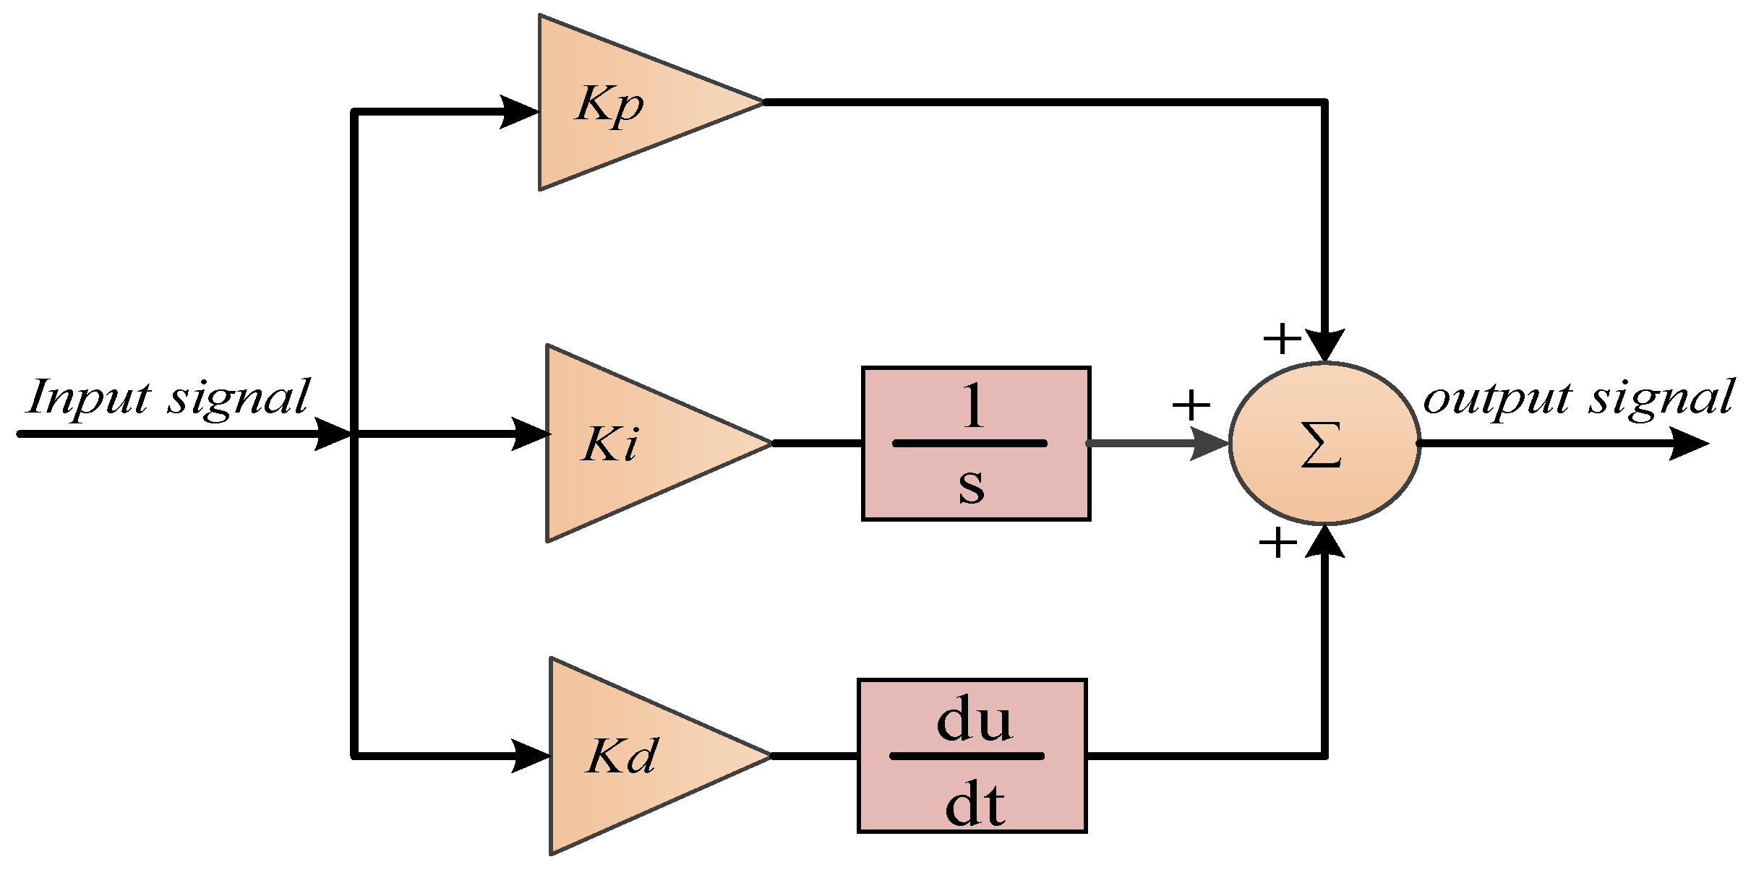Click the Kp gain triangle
click(x=622, y=103)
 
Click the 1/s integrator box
click(x=976, y=443)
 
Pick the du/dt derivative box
click(x=972, y=756)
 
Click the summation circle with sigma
click(x=1324, y=443)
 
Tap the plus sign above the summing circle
click(x=1282, y=338)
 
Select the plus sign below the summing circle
click(x=1277, y=543)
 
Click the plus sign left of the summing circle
click(x=1191, y=405)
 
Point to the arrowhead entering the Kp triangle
click(x=519, y=112)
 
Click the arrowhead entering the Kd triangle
click(x=530, y=756)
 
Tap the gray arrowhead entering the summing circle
click(x=1208, y=443)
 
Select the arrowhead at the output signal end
click(x=1687, y=443)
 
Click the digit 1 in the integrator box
click(x=973, y=406)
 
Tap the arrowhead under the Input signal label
click(x=333, y=434)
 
